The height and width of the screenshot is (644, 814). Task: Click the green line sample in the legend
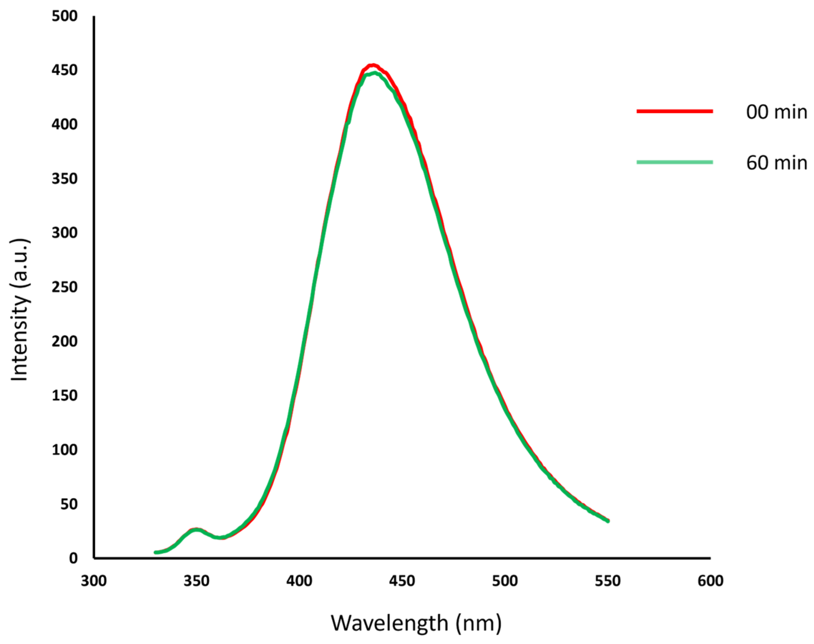pyautogui.click(x=675, y=162)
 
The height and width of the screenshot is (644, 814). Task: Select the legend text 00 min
pyautogui.click(x=776, y=112)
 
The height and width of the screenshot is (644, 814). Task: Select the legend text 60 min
pyautogui.click(x=776, y=163)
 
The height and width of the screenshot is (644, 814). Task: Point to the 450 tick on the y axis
pyautogui.click(x=65, y=70)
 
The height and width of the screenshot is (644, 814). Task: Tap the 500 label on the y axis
pyautogui.click(x=65, y=16)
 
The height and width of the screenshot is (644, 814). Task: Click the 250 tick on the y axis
pyautogui.click(x=65, y=287)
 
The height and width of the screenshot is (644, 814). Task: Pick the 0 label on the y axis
pyautogui.click(x=73, y=558)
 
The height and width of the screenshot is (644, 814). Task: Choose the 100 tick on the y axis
pyautogui.click(x=65, y=450)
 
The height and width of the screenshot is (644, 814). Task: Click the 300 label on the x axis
pyautogui.click(x=94, y=581)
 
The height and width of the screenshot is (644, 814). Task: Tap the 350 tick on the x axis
pyautogui.click(x=196, y=581)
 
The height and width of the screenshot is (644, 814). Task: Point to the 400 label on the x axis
pyautogui.click(x=299, y=581)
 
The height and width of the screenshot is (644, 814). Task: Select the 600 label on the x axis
pyautogui.click(x=710, y=581)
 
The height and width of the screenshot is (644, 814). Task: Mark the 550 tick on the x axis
pyautogui.click(x=607, y=581)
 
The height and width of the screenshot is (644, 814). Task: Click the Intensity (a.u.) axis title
pyautogui.click(x=19, y=310)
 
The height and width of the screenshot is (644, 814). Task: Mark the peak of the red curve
pyautogui.click(x=373, y=65)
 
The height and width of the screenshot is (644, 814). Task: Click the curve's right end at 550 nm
pyautogui.click(x=607, y=521)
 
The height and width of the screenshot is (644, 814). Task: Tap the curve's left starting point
pyautogui.click(x=156, y=552)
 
